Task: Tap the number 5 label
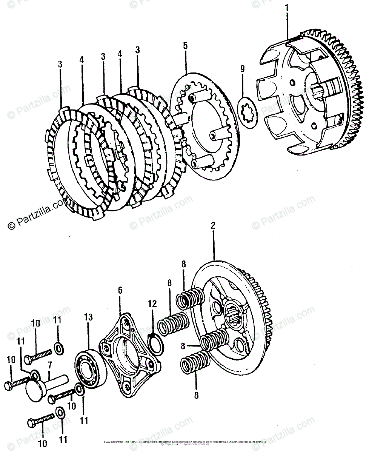pos(185,46)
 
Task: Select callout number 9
pos(242,68)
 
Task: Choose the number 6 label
pos(120,290)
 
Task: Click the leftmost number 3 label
pos(60,65)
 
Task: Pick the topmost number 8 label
pos(184,264)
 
